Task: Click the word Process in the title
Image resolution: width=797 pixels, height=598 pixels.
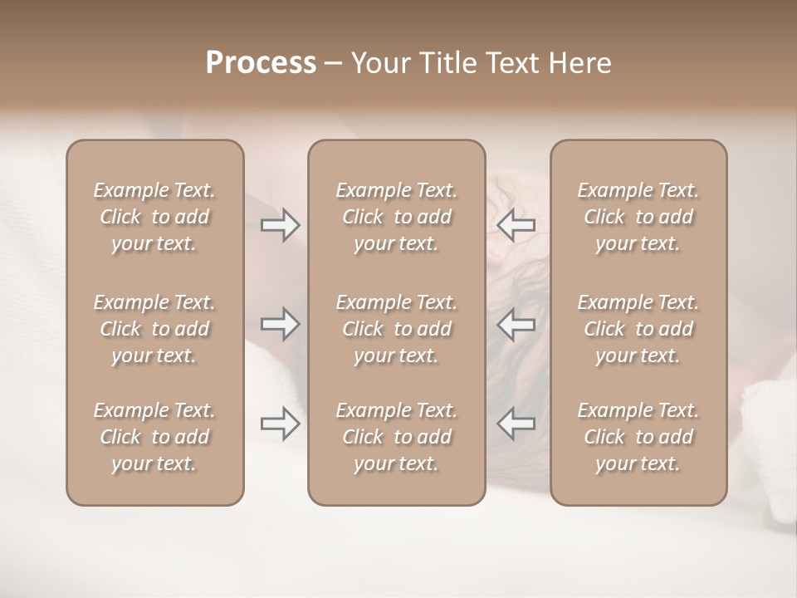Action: point(261,63)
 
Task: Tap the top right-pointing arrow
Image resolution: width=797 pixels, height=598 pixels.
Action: point(281,225)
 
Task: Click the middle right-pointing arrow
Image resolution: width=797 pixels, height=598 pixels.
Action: point(281,324)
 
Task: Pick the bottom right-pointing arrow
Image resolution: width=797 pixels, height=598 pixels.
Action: point(281,424)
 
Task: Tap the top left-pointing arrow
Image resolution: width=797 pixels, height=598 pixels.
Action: point(516,225)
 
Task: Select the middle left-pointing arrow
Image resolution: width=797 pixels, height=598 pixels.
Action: point(516,324)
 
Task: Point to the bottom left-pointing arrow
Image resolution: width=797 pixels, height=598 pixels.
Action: point(516,424)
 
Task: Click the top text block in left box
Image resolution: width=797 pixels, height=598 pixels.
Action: point(154,217)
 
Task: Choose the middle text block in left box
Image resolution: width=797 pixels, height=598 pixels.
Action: point(154,329)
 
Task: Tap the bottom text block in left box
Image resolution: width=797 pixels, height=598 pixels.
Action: point(154,437)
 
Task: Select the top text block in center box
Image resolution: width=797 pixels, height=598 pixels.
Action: point(397,217)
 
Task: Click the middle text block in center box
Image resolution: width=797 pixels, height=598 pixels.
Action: point(397,329)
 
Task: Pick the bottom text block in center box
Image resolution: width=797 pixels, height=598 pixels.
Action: point(397,437)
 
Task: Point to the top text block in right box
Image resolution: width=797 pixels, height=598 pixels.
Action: point(638,217)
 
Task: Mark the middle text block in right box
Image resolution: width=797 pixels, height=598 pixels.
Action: point(638,329)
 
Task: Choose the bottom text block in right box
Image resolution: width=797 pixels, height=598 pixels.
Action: point(638,437)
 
